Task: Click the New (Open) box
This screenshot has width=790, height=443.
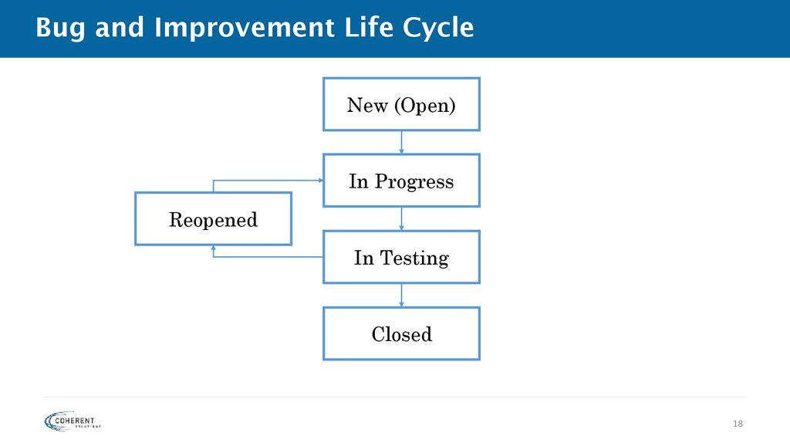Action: (401, 104)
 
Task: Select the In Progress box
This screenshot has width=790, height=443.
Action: (401, 181)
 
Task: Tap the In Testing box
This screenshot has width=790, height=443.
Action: (401, 257)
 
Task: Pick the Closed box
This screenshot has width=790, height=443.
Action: (401, 333)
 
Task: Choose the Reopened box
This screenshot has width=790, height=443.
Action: (213, 219)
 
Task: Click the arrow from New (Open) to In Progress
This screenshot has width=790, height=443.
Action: (401, 142)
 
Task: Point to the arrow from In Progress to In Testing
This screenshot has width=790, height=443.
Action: (401, 218)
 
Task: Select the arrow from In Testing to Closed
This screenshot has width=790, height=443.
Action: (401, 295)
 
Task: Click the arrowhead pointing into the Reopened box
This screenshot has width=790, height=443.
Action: (213, 249)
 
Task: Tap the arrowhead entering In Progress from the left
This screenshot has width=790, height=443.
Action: (319, 181)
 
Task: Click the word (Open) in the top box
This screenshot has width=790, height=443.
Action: (424, 105)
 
